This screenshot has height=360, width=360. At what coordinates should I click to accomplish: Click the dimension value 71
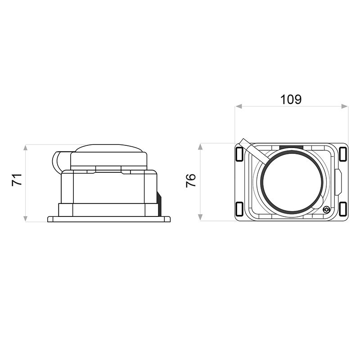point(17,180)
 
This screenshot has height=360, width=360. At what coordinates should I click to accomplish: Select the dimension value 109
point(291,99)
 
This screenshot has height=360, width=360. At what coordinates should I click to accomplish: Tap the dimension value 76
point(191,180)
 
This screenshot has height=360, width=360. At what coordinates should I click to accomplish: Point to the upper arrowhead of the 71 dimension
point(26,148)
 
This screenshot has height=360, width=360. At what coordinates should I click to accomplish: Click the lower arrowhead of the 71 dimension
point(26,219)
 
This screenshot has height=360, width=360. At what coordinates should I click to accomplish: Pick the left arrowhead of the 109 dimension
point(238,106)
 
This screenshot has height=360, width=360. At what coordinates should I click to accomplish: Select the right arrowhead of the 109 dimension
point(345,106)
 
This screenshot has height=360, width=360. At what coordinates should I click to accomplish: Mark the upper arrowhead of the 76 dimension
point(200,147)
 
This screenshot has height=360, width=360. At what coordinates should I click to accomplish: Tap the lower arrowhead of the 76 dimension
point(200,217)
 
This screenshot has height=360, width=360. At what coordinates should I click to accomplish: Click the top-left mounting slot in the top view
point(239,154)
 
